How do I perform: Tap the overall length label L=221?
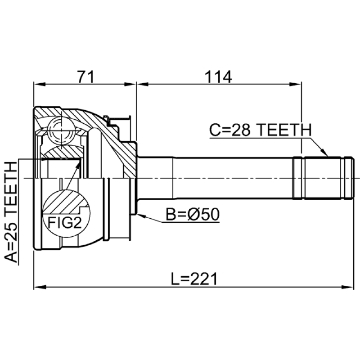pyautogui.click(x=194, y=279)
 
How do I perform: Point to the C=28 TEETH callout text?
pyautogui.click(x=261, y=130)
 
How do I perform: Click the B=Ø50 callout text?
pyautogui.click(x=193, y=215)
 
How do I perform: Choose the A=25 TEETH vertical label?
pyautogui.click(x=11, y=212)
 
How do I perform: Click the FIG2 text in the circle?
pyautogui.click(x=64, y=222)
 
